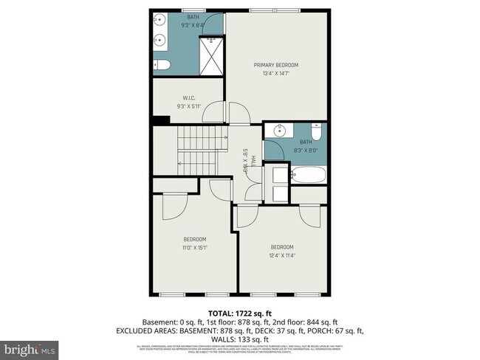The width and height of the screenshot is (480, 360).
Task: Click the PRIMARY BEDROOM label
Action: (276, 65)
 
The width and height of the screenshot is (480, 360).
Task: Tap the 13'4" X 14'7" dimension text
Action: (276, 73)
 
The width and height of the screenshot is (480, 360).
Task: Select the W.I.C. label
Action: (188, 97)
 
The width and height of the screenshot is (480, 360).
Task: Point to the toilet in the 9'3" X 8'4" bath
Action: (162, 65)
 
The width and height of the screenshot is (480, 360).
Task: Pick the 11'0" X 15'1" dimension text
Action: (195, 247)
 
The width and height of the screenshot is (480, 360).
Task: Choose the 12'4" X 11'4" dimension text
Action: (282, 255)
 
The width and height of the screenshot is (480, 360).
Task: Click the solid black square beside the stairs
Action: (156, 120)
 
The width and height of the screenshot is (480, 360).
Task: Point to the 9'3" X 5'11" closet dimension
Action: (188, 106)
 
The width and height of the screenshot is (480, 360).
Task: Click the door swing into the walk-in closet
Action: (213, 114)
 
